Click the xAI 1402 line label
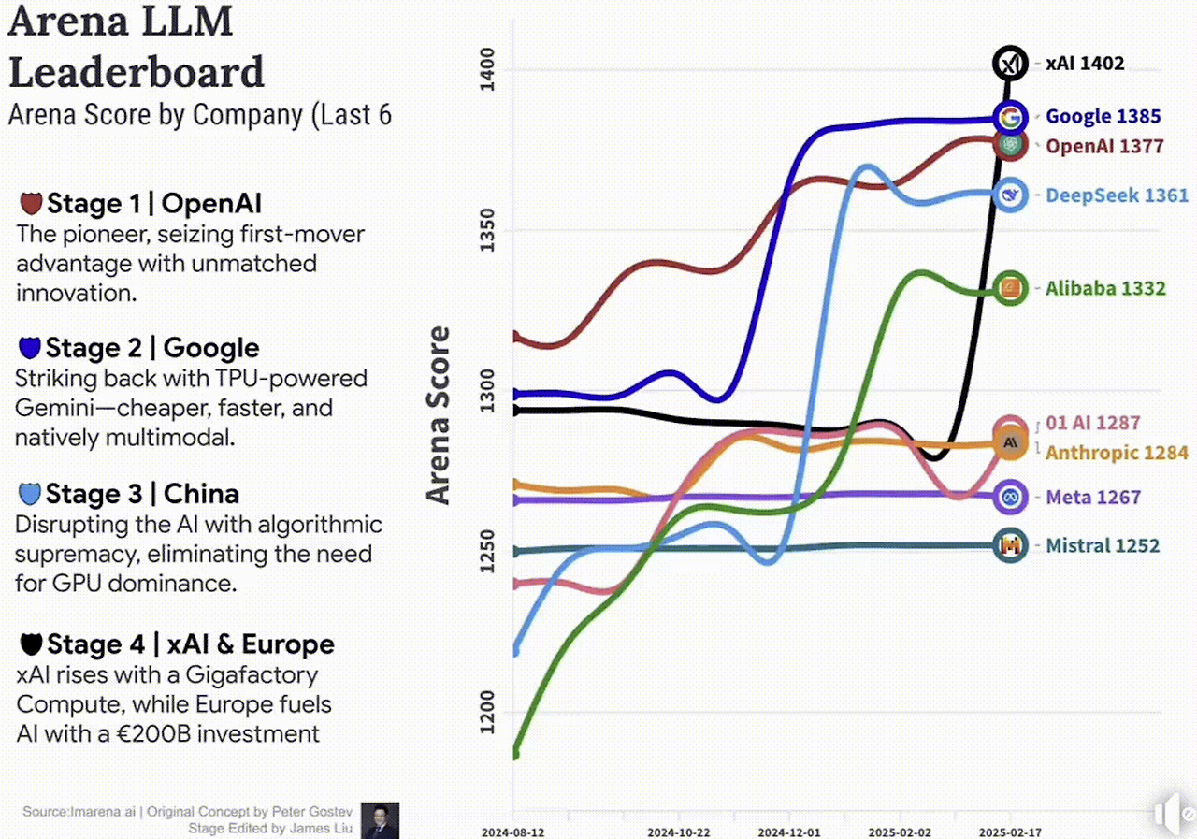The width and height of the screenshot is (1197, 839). pos(1085,64)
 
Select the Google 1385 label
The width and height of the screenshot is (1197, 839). pos(1103,117)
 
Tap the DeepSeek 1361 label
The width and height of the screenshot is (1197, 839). pos(1117,195)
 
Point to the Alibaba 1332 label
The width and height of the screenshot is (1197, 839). pos(1105,289)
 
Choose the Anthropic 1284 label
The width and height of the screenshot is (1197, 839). pos(1117,453)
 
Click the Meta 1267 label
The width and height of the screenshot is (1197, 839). pos(1092,497)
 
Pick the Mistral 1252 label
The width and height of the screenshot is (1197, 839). pos(1102,545)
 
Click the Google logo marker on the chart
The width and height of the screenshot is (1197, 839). pos(1010,118)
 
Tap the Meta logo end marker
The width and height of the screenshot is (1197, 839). pos(1010,498)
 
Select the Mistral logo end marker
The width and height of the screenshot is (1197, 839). pos(1010,545)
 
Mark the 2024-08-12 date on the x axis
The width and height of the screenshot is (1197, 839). pos(513,831)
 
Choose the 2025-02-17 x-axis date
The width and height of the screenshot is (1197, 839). pos(1011,831)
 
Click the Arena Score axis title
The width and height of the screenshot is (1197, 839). pos(439,415)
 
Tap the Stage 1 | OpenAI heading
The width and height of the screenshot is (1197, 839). pos(154,204)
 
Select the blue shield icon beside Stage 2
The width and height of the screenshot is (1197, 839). pos(30,349)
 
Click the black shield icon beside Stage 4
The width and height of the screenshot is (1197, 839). pos(31,644)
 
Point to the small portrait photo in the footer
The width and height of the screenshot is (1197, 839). pos(381,820)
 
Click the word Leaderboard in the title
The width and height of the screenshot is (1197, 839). pos(137,72)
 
